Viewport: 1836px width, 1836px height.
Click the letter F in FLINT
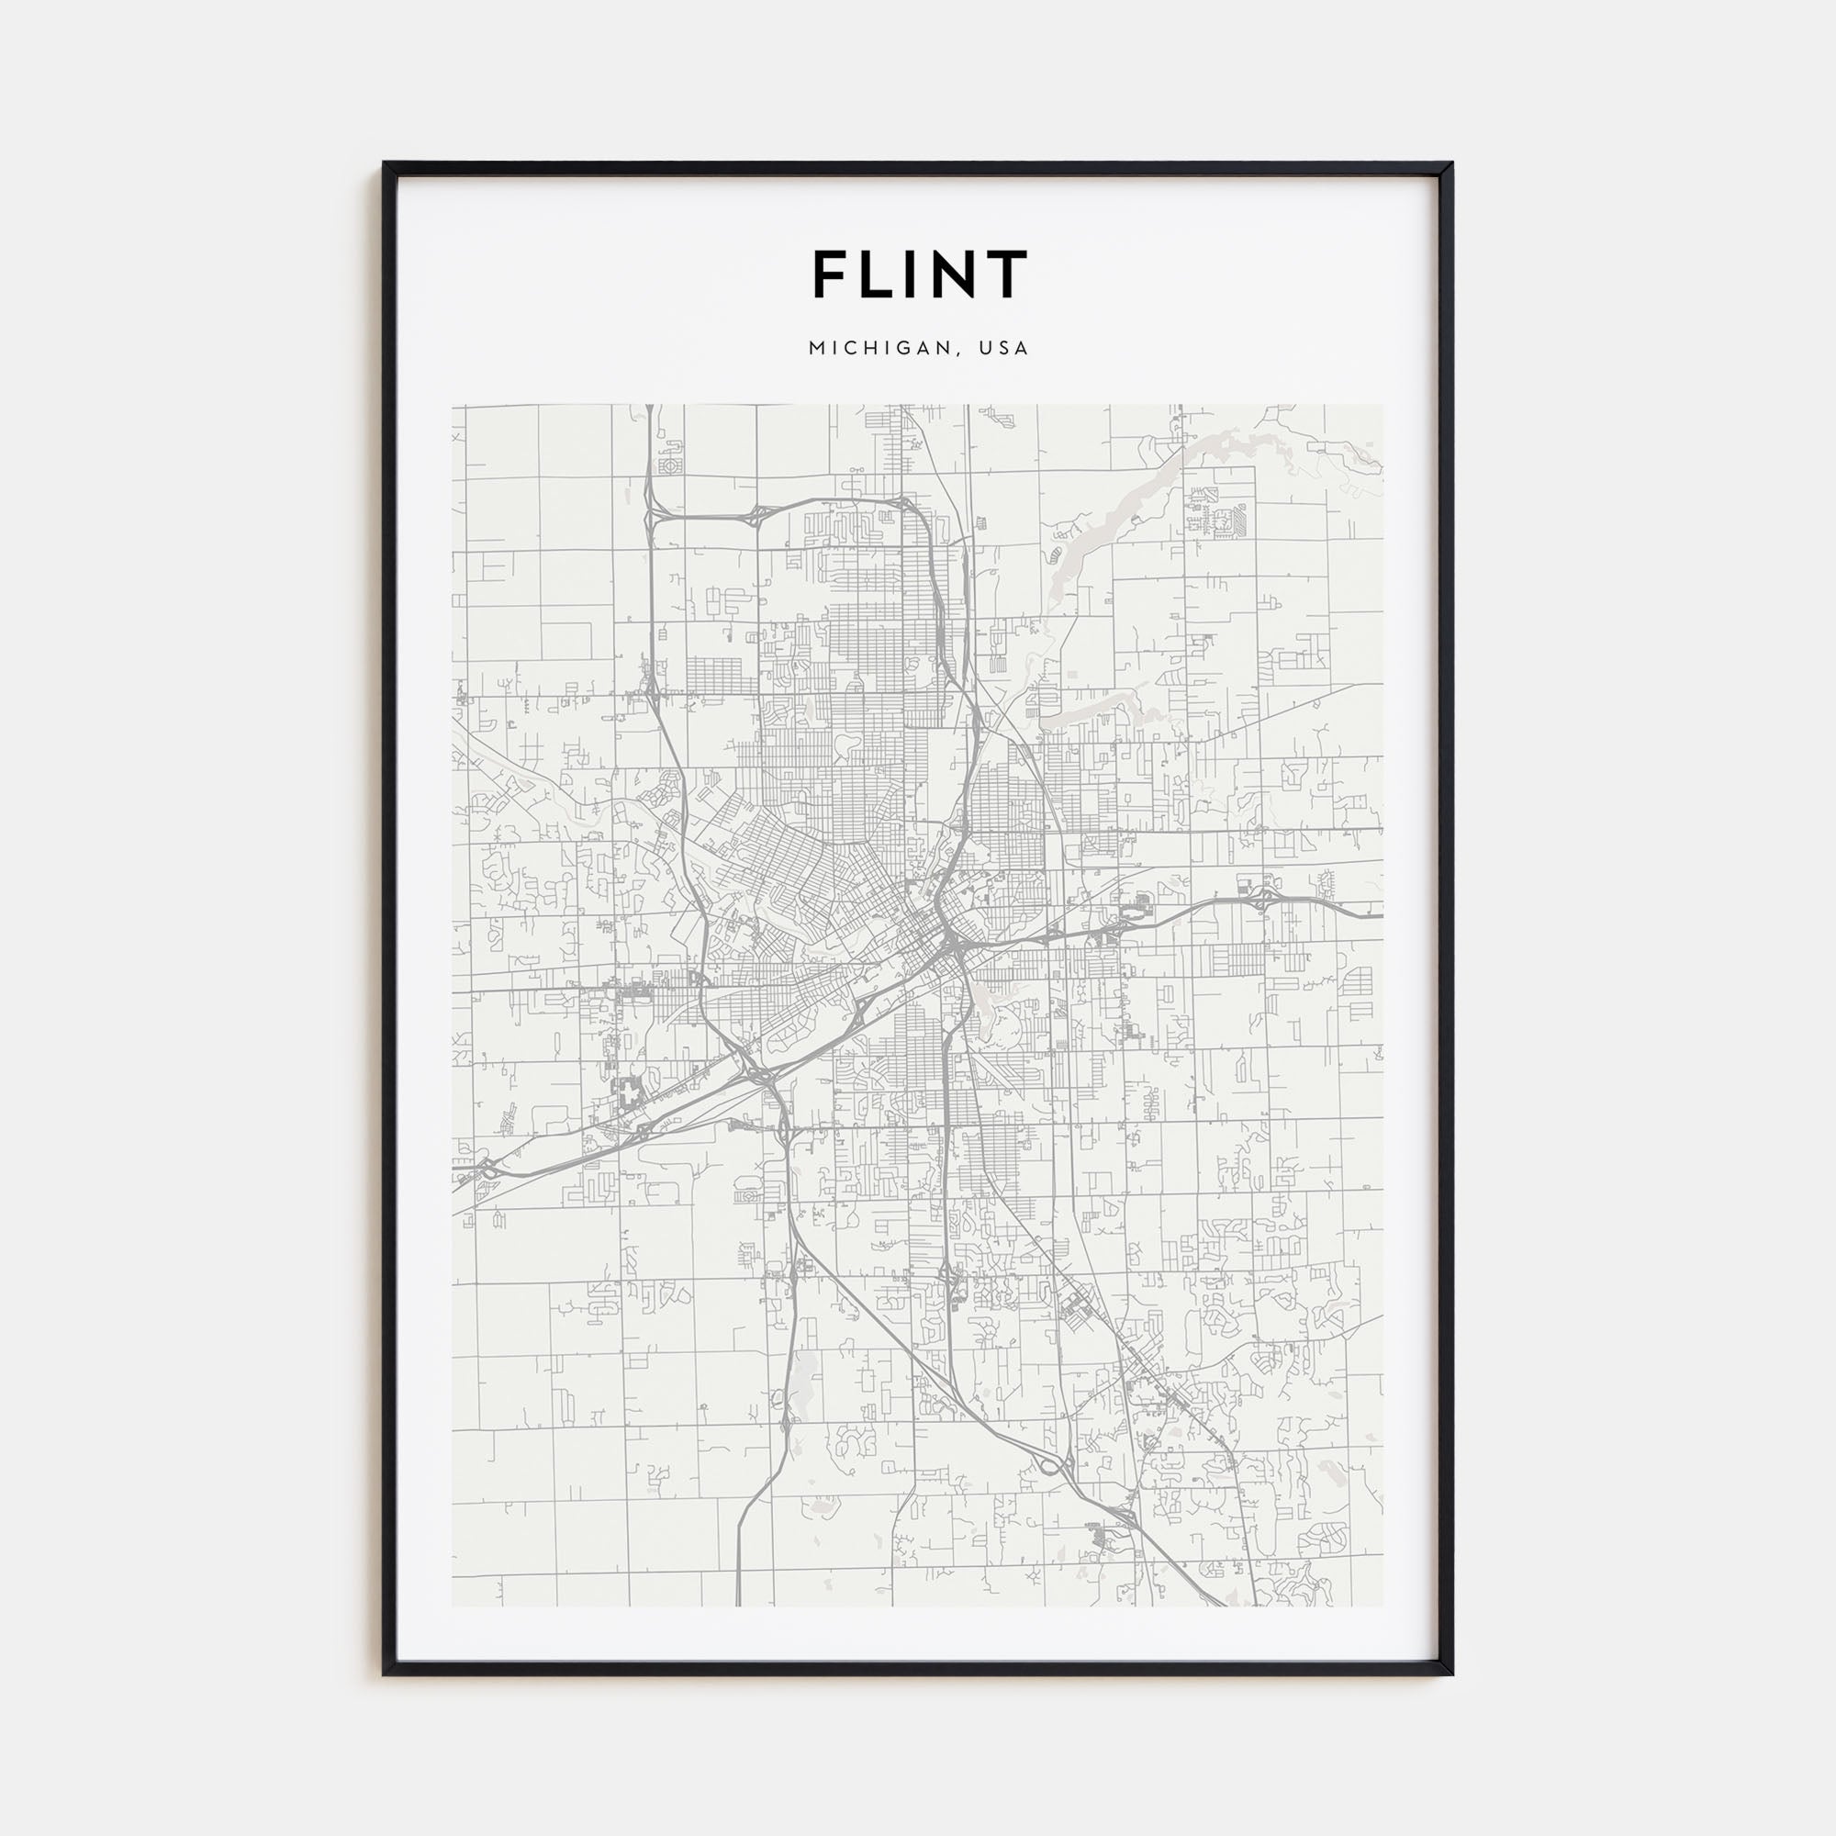pos(832,274)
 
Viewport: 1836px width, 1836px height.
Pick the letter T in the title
pos(1009,274)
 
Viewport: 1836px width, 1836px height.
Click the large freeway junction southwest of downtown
pos(760,1072)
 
